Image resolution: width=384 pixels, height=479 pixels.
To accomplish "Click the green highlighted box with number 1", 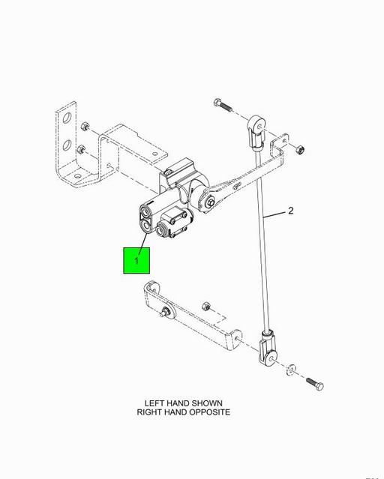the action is click(x=136, y=260).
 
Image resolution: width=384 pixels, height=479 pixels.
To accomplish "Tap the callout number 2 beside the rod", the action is click(x=290, y=211).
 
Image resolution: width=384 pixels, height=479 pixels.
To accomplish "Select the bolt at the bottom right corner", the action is click(x=314, y=384).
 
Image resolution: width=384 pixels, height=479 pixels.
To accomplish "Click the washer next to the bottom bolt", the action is click(x=290, y=370).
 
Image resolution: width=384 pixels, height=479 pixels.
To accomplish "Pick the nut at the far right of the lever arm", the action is click(x=299, y=149).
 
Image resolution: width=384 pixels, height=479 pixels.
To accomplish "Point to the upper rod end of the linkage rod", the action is click(x=256, y=132).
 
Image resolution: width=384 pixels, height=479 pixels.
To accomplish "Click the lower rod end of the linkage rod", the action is click(x=268, y=349).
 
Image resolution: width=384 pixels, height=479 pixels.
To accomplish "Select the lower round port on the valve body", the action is click(x=146, y=226).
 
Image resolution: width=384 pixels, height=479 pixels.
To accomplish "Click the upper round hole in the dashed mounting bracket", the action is click(x=67, y=118).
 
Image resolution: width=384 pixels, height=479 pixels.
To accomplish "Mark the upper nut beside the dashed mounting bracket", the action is click(x=85, y=127).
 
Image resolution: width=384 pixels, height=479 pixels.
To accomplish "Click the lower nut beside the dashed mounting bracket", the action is click(x=81, y=150).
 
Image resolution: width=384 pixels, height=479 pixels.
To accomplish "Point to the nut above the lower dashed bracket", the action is click(x=206, y=306).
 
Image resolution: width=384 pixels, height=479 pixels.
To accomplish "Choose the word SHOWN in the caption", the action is click(x=208, y=403).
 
